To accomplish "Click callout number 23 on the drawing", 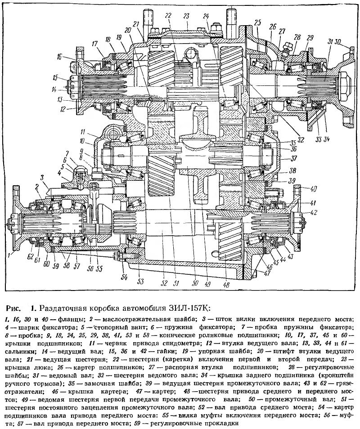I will tap(186, 15).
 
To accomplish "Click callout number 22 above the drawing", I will tap(168, 15).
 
